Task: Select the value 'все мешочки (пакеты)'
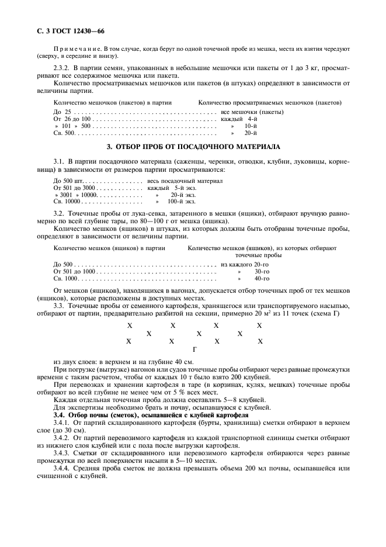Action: click(x=252, y=111)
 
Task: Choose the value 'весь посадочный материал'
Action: click(x=181, y=181)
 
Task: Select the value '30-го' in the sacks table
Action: click(x=262, y=271)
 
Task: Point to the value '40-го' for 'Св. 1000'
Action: click(x=262, y=278)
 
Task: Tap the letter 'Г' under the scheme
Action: click(x=194, y=349)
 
